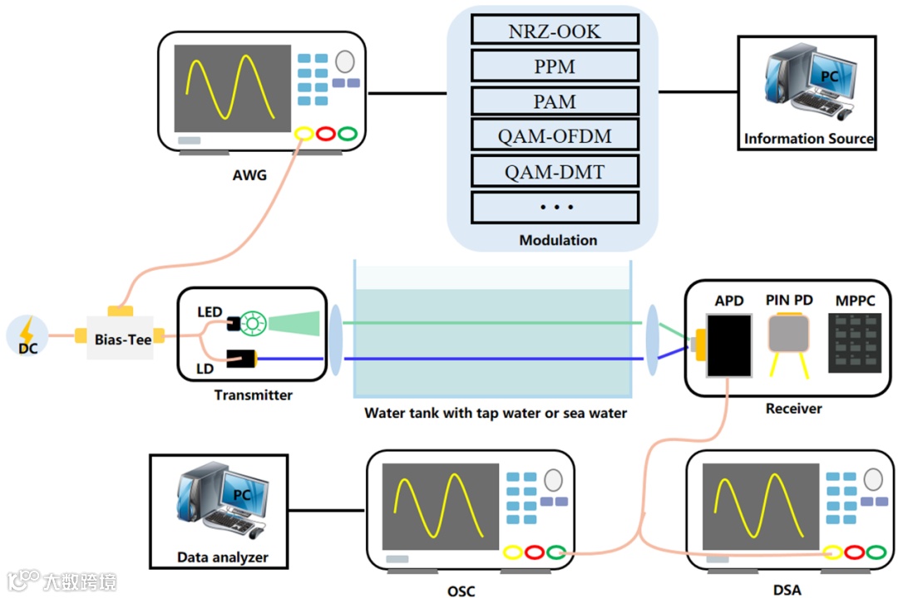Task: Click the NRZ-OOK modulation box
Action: tap(555, 30)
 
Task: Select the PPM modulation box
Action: tap(555, 66)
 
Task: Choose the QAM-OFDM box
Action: tap(555, 135)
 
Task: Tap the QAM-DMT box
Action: tap(555, 172)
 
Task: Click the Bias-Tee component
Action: tap(121, 337)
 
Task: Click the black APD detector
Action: tap(728, 344)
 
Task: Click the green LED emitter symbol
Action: tap(250, 322)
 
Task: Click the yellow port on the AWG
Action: tap(303, 134)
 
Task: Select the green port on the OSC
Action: tap(556, 551)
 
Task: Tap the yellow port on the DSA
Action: tap(832, 551)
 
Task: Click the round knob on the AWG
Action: tap(344, 61)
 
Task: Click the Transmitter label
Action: tap(253, 395)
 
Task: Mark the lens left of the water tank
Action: tap(335, 341)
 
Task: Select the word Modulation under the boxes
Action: tap(558, 240)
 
